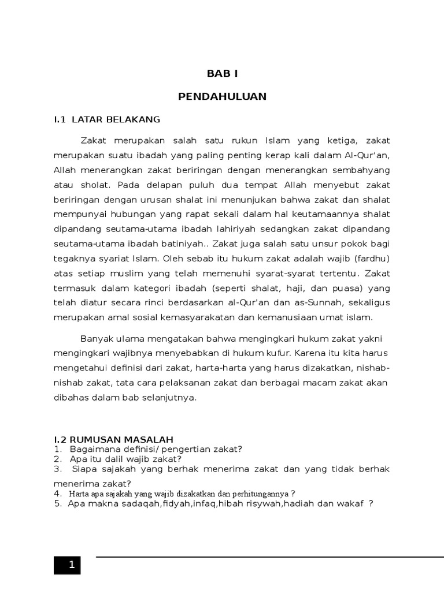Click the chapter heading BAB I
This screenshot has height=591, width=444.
click(x=223, y=73)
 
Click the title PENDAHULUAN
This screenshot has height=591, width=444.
click(x=223, y=96)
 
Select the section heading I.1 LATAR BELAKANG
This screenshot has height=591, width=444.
click(x=106, y=119)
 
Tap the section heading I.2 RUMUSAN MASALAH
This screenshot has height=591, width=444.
click(x=113, y=440)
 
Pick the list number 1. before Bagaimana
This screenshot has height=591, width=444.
click(x=58, y=449)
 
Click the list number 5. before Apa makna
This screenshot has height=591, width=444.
click(x=58, y=503)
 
